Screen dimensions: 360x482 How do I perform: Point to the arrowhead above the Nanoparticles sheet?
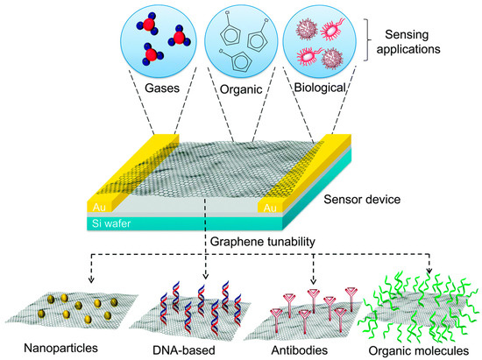(x=91, y=283)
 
